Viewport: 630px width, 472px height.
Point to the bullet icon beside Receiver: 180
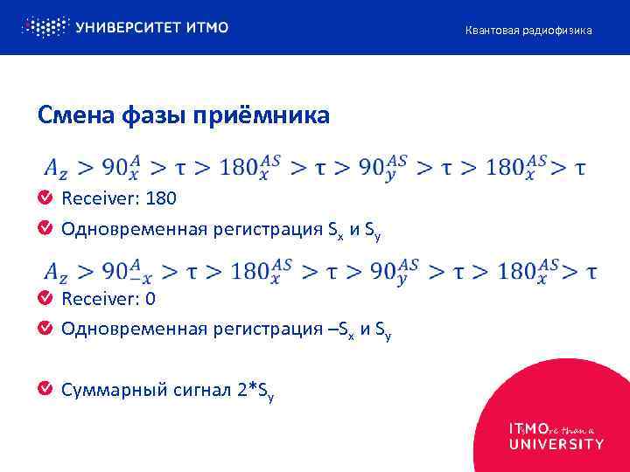pyautogui.click(x=45, y=198)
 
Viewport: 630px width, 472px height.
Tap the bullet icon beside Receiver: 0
pyautogui.click(x=45, y=299)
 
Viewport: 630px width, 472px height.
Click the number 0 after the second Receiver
pyautogui.click(x=151, y=299)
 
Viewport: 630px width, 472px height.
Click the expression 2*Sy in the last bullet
pyautogui.click(x=256, y=391)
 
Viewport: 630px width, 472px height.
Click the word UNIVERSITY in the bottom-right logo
pyautogui.click(x=556, y=444)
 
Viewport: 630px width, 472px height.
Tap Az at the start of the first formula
pyautogui.click(x=54, y=168)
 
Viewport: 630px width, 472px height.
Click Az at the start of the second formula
pyautogui.click(x=54, y=272)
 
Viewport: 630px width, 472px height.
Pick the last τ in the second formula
pyautogui.click(x=591, y=272)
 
